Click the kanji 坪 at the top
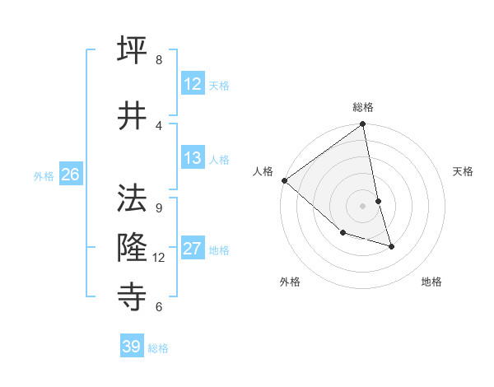pos(133,51)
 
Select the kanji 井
pos(133,114)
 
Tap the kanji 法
pos(133,198)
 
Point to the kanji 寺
pos(133,294)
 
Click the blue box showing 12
pos(193,84)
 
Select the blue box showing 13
pos(193,159)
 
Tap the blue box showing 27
pos(193,249)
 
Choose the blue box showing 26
pos(70,175)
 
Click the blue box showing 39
pos(132,347)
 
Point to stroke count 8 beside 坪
pos(159,60)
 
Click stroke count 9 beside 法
pos(159,208)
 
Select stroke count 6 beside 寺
pos(159,307)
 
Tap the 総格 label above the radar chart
pos(363,107)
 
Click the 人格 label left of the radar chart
pos(263,171)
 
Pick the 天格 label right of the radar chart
pos(464,171)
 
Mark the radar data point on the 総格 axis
pos(363,125)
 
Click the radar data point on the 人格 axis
pos(284,180)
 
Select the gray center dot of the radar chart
pos(363,206)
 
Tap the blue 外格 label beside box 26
pos(44,175)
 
